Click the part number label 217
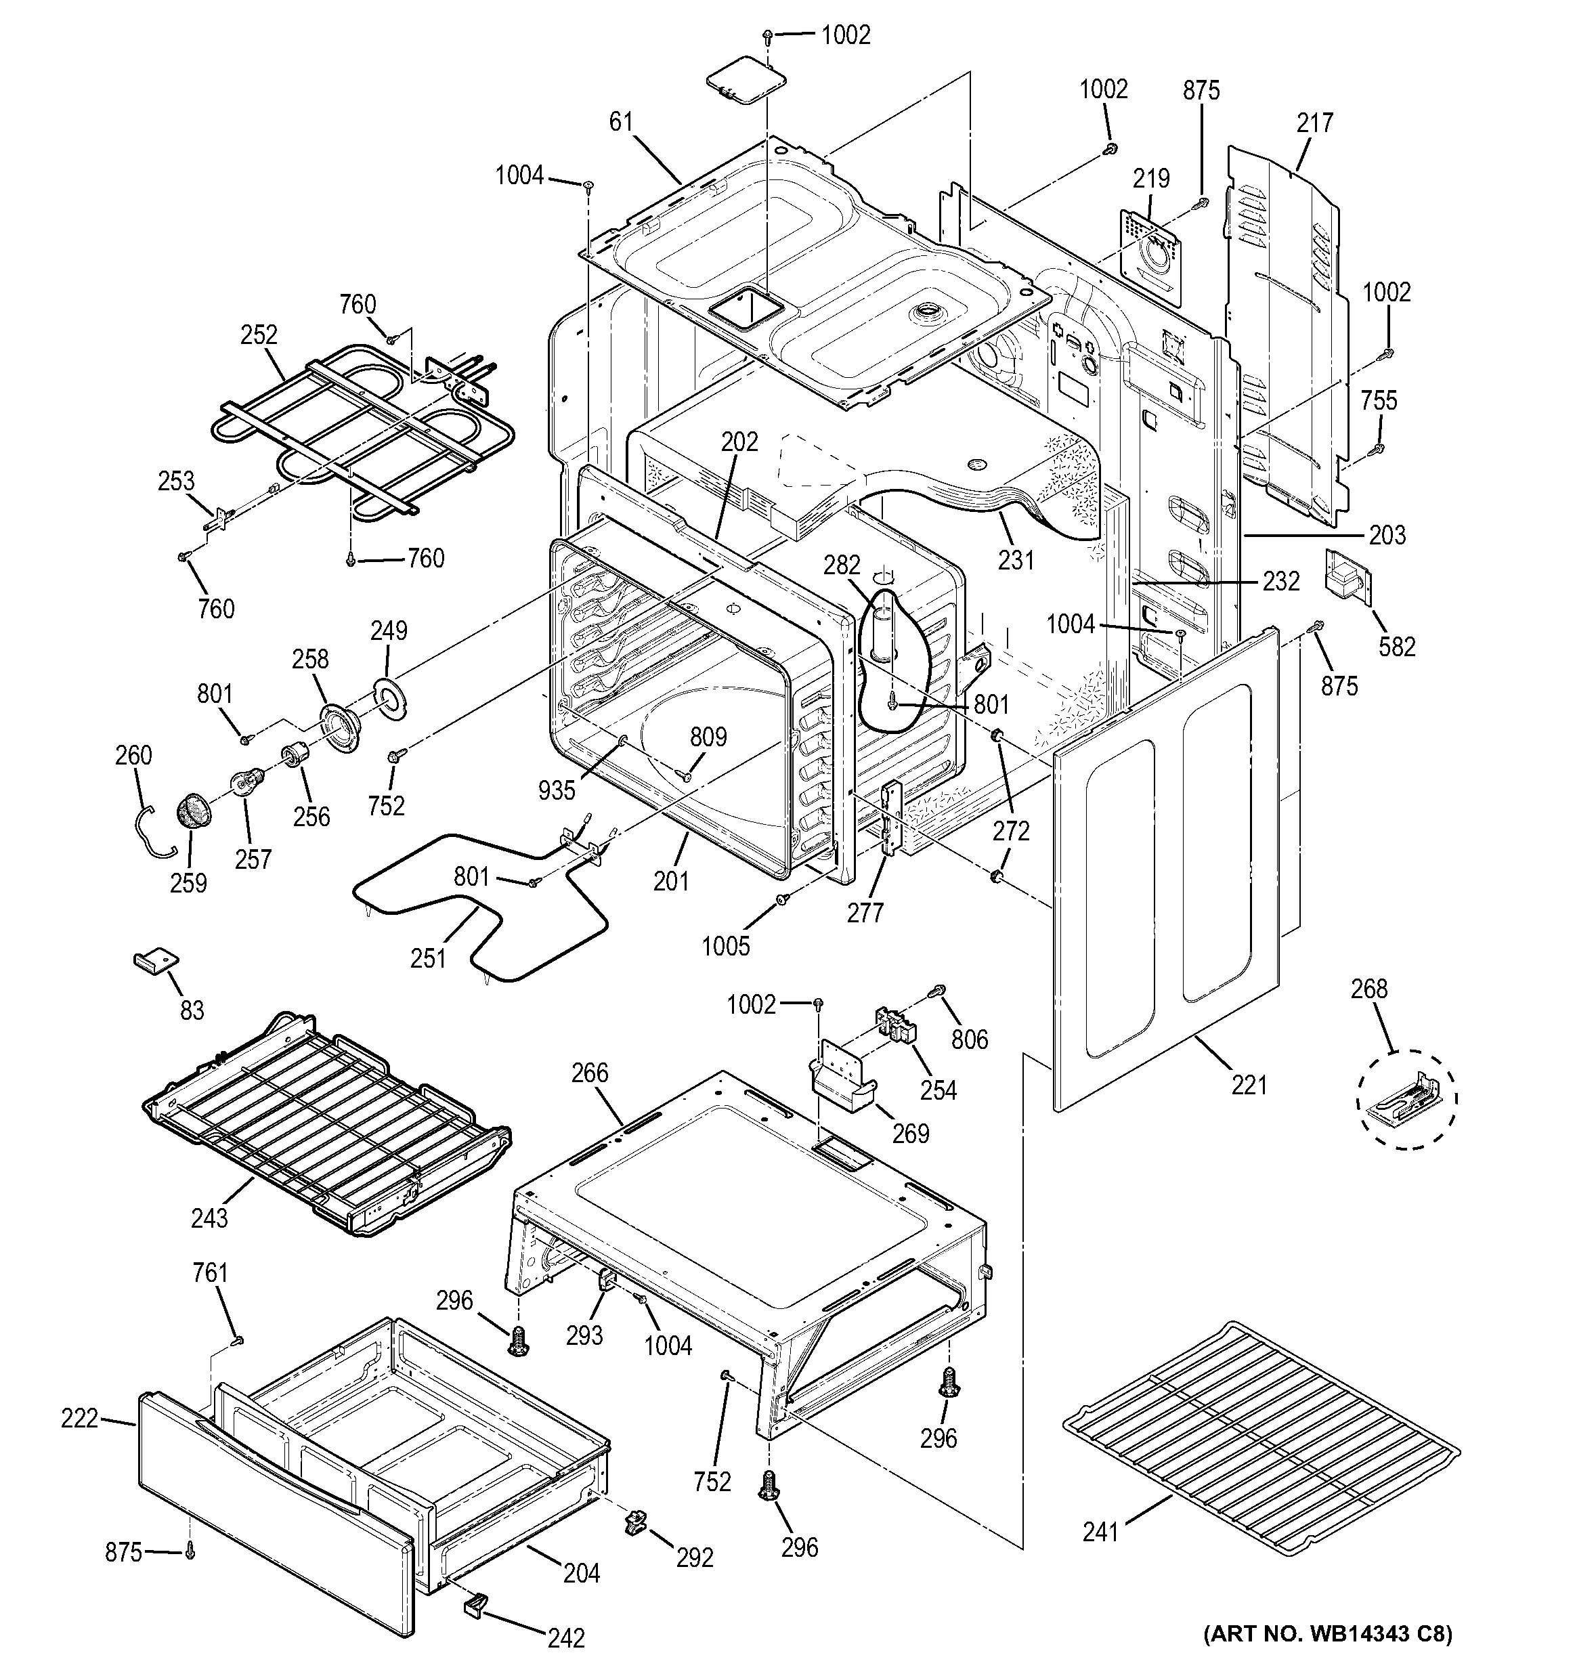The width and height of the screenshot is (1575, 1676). pyautogui.click(x=1314, y=123)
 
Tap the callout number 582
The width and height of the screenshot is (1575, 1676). pyautogui.click(x=1396, y=647)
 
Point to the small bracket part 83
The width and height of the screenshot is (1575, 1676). pyautogui.click(x=156, y=962)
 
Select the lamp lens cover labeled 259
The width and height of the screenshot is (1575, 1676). pyautogui.click(x=194, y=812)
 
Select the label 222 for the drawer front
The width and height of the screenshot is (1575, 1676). pyautogui.click(x=79, y=1419)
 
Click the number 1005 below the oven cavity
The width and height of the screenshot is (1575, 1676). pyautogui.click(x=726, y=946)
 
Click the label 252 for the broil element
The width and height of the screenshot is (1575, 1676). pyautogui.click(x=259, y=335)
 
